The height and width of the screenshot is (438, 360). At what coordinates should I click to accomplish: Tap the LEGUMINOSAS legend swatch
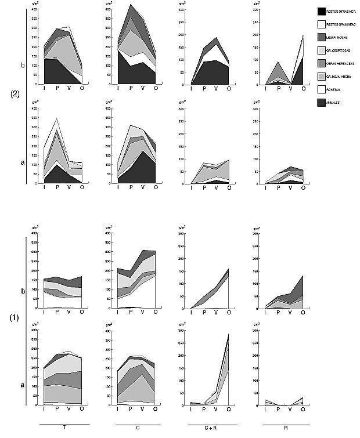321,37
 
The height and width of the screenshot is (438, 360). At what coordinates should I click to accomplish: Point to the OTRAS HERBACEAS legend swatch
321,63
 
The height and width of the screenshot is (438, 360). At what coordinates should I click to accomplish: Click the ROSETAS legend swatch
321,89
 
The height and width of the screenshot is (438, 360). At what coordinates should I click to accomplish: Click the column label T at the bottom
64,428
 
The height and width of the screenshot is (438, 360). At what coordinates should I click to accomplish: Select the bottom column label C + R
210,428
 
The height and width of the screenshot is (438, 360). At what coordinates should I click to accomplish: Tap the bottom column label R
283,428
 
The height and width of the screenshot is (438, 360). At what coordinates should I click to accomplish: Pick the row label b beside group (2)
23,66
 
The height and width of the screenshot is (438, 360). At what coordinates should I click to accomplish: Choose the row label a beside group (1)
23,384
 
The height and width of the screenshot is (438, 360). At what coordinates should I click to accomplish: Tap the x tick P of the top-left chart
57,89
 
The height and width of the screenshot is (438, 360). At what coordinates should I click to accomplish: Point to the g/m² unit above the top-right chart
257,5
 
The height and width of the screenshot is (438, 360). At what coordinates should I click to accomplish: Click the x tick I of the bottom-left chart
44,410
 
